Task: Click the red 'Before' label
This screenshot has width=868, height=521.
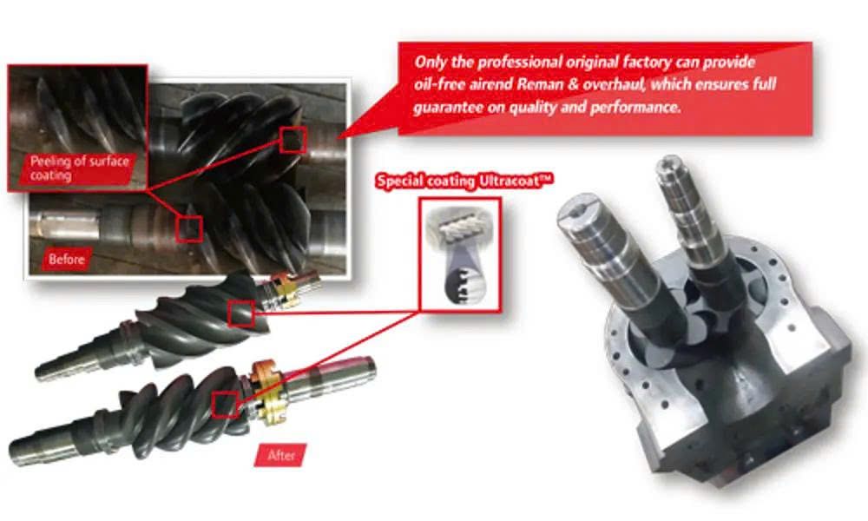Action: pyautogui.click(x=67, y=259)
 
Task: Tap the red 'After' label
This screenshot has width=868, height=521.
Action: pyautogui.click(x=280, y=455)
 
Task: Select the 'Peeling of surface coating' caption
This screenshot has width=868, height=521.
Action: pyautogui.click(x=79, y=168)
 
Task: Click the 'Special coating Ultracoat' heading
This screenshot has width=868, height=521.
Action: pyautogui.click(x=464, y=181)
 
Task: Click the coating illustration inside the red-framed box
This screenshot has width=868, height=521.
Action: pyautogui.click(x=460, y=254)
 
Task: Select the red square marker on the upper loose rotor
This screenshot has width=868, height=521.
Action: pyautogui.click(x=241, y=314)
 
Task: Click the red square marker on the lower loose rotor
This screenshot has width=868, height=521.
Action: pyautogui.click(x=226, y=405)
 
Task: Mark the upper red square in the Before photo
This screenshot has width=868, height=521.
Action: pyautogui.click(x=293, y=140)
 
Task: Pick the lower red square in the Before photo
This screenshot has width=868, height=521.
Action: pyautogui.click(x=189, y=229)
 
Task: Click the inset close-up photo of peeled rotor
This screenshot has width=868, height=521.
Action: pyautogui.click(x=77, y=128)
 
